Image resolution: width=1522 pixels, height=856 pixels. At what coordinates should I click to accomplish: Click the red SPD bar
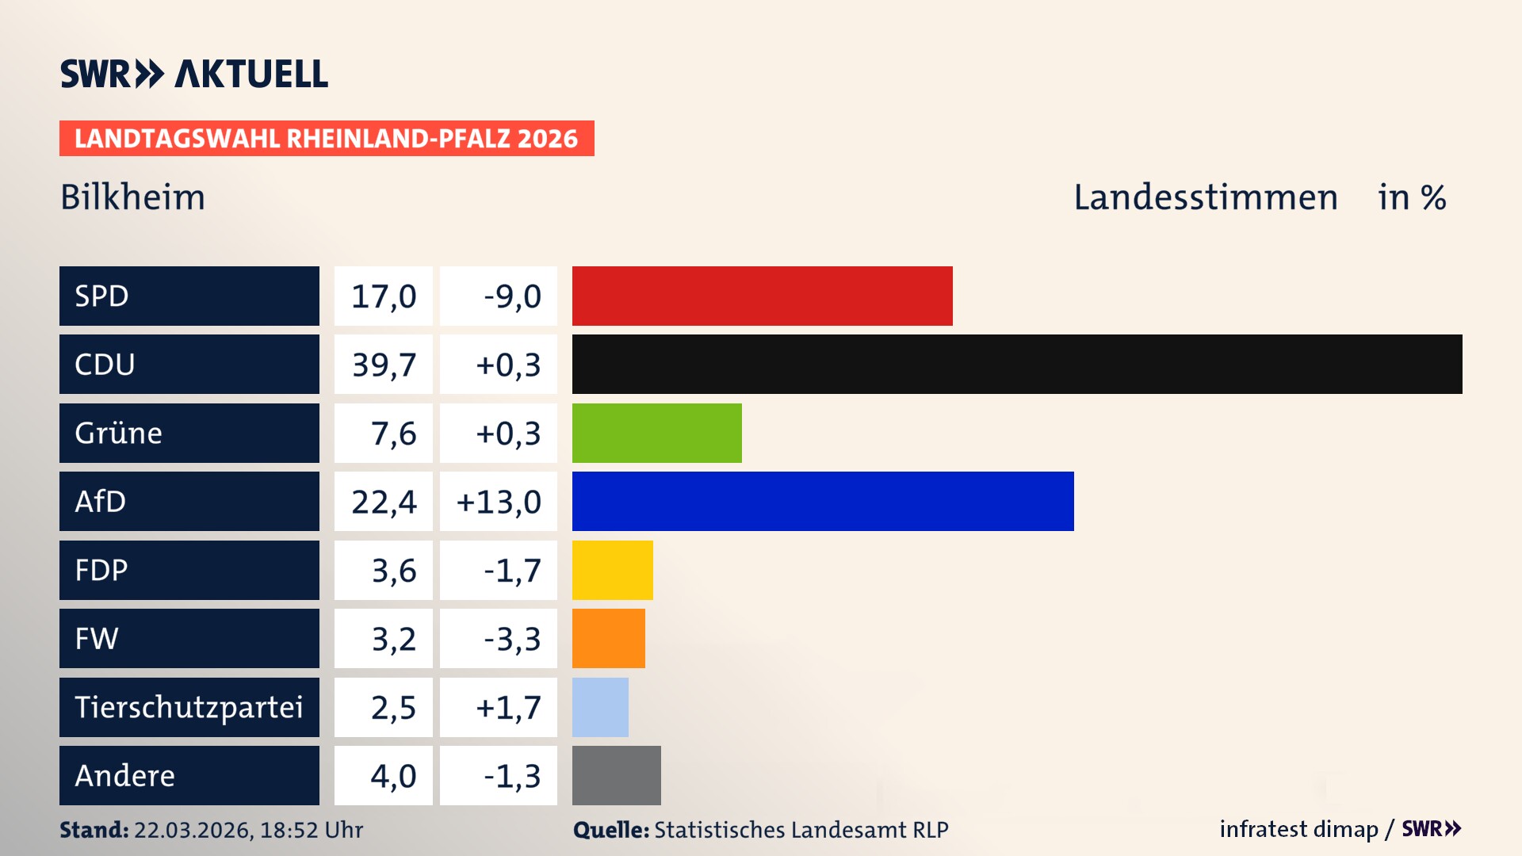click(x=762, y=296)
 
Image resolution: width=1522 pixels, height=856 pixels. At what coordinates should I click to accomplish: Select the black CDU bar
click(x=1016, y=365)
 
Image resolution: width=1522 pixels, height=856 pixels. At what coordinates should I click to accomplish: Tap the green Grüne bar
click(x=656, y=433)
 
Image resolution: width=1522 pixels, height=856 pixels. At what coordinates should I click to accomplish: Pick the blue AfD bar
click(x=822, y=502)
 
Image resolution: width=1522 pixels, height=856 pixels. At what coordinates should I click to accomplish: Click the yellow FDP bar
click(x=612, y=570)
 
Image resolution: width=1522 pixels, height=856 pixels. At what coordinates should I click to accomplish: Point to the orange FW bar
click(x=608, y=639)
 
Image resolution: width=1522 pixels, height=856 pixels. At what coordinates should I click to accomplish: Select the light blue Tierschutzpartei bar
click(x=600, y=707)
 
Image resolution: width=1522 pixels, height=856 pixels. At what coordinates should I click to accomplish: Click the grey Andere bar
click(x=616, y=775)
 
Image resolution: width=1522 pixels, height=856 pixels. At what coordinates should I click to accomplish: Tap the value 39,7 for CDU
click(x=384, y=365)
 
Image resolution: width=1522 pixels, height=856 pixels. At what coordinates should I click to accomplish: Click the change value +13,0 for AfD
click(x=499, y=502)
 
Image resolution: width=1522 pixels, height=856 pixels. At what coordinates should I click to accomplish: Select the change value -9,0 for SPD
click(x=512, y=296)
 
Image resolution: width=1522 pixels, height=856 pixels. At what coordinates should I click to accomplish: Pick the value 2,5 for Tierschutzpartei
click(x=393, y=707)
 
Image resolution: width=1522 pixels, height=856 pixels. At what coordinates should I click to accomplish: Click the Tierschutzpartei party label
click(x=189, y=707)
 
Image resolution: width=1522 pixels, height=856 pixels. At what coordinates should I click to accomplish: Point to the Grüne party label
click(x=119, y=433)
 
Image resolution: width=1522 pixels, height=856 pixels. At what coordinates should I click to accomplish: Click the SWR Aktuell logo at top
click(x=193, y=74)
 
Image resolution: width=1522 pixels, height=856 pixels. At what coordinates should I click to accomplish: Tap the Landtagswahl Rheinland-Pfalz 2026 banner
click(x=326, y=139)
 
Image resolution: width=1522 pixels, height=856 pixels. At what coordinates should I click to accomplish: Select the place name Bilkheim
click(x=132, y=197)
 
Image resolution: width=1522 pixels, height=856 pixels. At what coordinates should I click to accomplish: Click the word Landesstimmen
click(x=1205, y=197)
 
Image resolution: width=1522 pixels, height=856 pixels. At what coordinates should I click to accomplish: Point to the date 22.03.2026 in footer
click(x=193, y=830)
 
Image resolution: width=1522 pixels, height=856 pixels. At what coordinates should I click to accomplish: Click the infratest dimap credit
click(x=1298, y=829)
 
